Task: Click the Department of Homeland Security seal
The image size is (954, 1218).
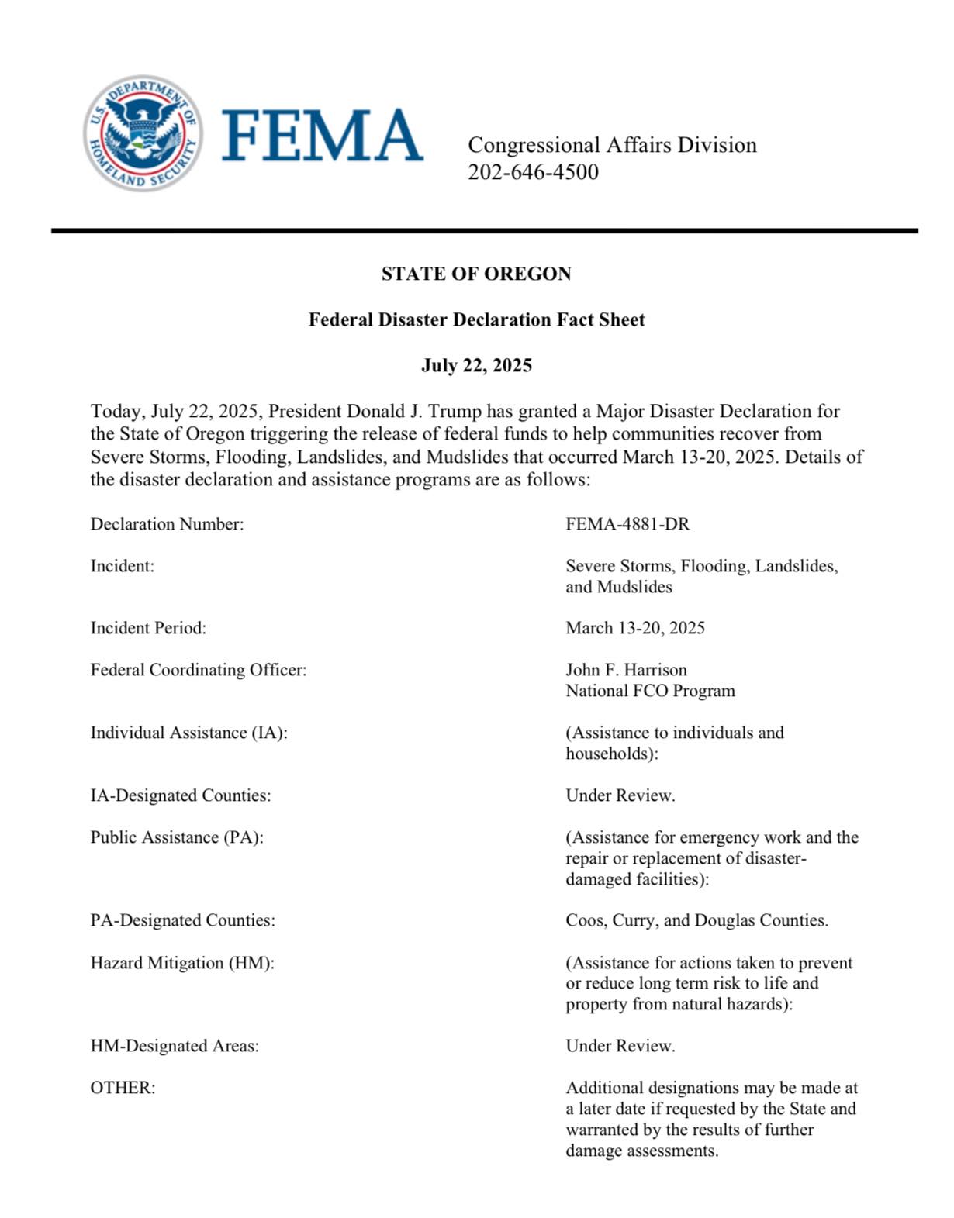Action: coord(143,133)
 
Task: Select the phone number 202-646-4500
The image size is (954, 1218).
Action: coord(533,172)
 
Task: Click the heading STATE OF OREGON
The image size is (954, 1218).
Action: coord(476,274)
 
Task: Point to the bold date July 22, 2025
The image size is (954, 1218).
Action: coord(476,365)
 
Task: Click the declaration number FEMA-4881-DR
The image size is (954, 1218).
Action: coord(627,524)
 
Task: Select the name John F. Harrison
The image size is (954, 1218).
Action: coord(626,670)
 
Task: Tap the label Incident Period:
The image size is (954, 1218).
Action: coord(148,628)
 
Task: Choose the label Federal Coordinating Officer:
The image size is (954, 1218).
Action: coord(199,670)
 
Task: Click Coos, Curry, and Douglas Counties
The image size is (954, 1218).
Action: coord(696,920)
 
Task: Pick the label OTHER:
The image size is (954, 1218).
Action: coord(123,1088)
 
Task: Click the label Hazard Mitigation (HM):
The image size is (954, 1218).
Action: coord(182,963)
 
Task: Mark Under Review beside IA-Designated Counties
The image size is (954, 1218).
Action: coord(620,795)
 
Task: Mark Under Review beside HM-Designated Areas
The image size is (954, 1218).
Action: coord(620,1046)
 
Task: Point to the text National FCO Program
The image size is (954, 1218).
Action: coord(650,691)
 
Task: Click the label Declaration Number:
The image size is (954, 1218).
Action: coord(167,524)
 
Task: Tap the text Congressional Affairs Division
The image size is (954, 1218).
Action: coord(612,145)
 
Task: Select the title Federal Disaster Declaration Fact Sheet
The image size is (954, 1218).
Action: coord(476,319)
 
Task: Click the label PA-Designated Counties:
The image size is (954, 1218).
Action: coord(182,920)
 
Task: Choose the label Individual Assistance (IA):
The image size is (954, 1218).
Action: coord(188,733)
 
